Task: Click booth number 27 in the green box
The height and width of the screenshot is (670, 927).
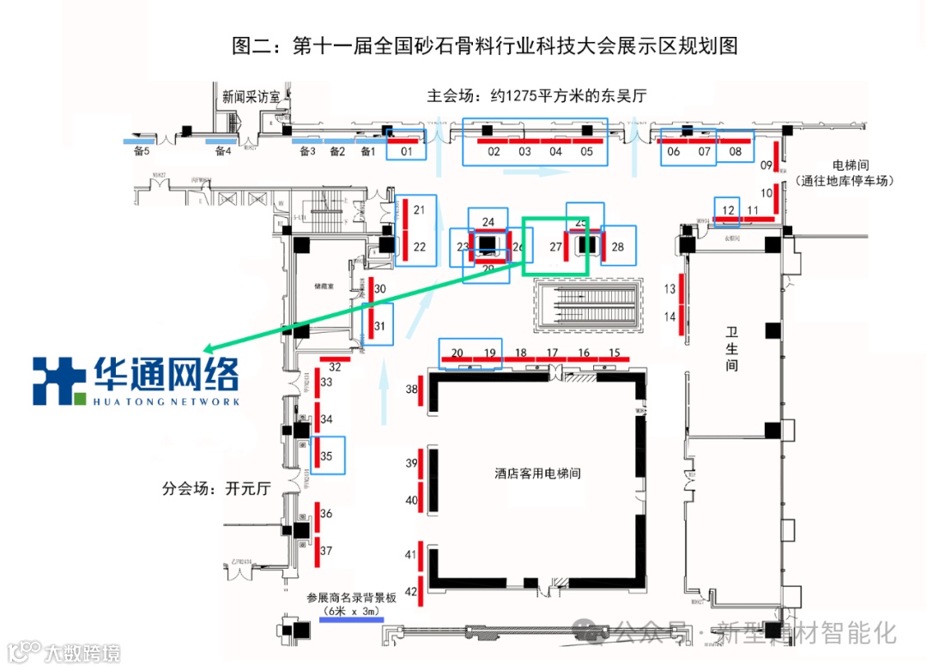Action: coord(555,247)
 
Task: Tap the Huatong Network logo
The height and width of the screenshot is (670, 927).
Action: coord(136,381)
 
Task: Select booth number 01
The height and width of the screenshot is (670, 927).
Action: coord(409,152)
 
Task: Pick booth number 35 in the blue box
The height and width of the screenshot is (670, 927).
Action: coord(326,456)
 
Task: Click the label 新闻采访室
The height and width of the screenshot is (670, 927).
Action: coord(251,97)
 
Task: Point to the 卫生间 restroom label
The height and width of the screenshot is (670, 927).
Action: coord(731,348)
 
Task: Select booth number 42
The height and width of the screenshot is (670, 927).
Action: coord(411,591)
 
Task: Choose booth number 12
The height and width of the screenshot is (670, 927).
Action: coord(728,210)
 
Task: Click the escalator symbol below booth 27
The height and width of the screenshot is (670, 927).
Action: coord(588,304)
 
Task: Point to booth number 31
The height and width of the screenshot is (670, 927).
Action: coord(379,325)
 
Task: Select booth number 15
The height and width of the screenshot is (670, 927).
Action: coord(614,353)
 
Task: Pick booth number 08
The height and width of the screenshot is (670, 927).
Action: coord(735,152)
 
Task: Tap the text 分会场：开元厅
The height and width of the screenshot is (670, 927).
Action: coord(216,489)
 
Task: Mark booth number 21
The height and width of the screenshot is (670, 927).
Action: coord(419,209)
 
